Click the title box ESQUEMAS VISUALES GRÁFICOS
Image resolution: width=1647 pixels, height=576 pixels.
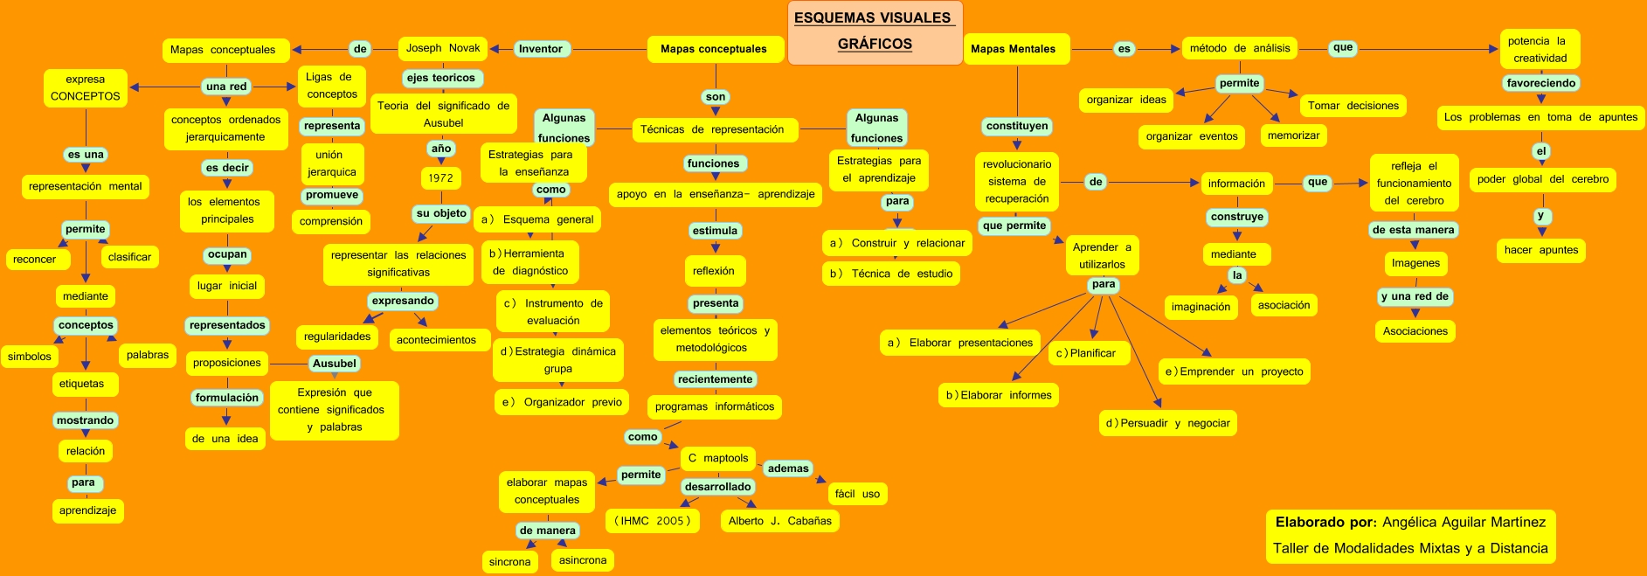(875, 31)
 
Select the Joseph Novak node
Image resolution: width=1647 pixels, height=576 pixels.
(443, 49)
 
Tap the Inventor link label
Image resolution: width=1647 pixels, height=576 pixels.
(541, 49)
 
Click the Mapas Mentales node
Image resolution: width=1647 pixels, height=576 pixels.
(1013, 49)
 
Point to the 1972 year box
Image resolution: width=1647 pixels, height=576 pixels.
(440, 178)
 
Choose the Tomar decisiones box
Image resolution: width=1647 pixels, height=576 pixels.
(1353, 106)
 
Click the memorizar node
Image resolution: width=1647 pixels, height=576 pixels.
(1293, 135)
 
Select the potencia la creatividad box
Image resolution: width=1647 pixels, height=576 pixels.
(1540, 50)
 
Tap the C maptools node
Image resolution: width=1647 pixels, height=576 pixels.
(717, 458)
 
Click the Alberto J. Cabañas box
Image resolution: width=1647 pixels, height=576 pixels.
(779, 521)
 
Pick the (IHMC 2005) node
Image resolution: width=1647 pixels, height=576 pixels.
(653, 521)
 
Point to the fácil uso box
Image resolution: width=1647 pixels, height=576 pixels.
(857, 494)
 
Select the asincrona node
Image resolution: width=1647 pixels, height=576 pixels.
(583, 560)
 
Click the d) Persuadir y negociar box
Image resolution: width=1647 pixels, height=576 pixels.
(1167, 423)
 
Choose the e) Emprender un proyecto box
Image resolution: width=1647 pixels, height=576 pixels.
(1234, 371)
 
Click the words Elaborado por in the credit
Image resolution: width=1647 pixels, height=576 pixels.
(1325, 523)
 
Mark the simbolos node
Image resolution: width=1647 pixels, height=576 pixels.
(30, 357)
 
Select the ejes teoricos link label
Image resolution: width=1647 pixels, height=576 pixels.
(440, 78)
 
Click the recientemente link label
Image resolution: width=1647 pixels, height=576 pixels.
(715, 379)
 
